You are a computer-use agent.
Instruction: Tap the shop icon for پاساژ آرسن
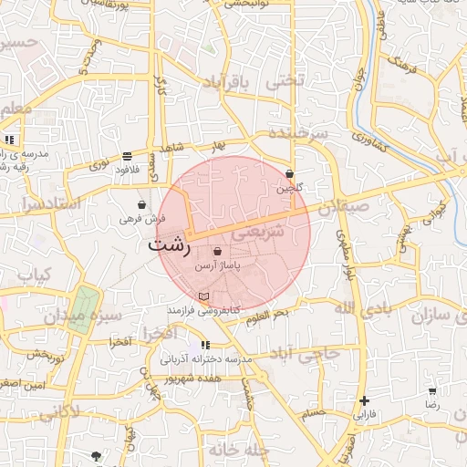(x=216, y=252)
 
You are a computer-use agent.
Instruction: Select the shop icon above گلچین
(x=289, y=174)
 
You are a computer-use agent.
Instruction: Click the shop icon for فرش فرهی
(x=141, y=205)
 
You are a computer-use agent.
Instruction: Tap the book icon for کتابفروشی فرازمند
(x=203, y=297)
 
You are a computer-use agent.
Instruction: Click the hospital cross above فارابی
(x=364, y=400)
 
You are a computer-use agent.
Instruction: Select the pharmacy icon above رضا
(x=431, y=390)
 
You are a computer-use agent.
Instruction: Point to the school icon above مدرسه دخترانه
(x=204, y=345)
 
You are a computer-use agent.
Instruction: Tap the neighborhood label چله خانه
(x=236, y=449)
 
